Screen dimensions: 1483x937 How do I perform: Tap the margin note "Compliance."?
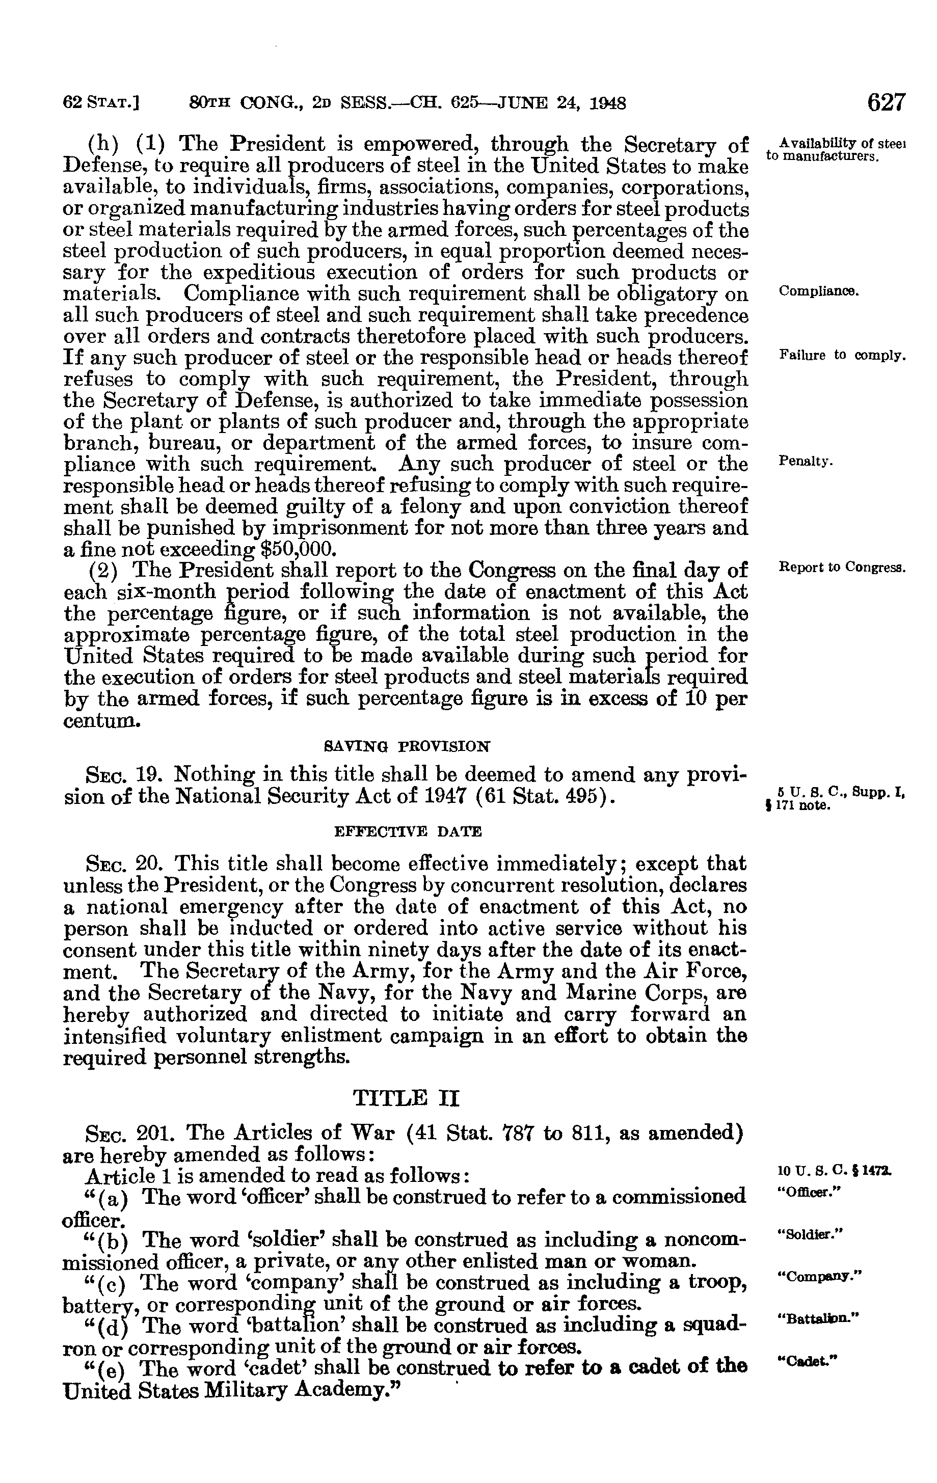pyautogui.click(x=819, y=291)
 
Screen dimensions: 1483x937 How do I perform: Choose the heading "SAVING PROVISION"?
pyautogui.click(x=407, y=746)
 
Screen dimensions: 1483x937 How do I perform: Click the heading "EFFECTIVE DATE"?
pyautogui.click(x=407, y=831)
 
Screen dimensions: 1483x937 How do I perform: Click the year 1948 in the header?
pyautogui.click(x=605, y=103)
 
